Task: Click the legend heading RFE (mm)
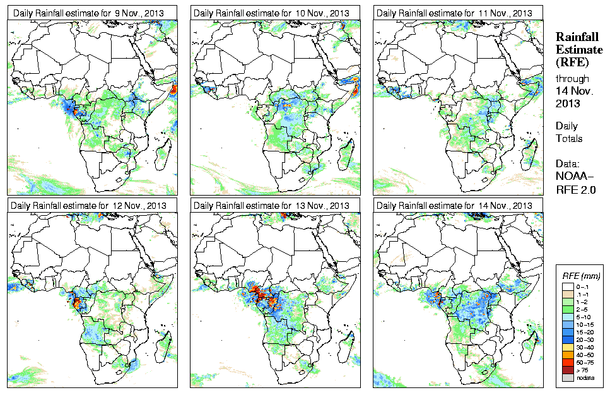pos(581,276)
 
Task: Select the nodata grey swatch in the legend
pos(568,377)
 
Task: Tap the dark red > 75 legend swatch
pos(568,370)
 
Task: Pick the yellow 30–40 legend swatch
pos(568,347)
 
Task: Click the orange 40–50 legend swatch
pos(568,355)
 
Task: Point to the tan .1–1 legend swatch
pos(568,293)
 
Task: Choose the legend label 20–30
pos(584,339)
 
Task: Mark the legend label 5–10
pos(583,316)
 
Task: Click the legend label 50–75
pos(584,362)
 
